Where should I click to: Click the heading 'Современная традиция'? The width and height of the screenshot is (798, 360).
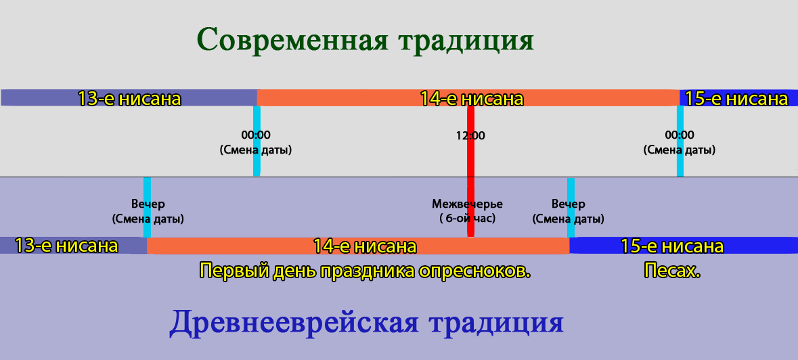365,40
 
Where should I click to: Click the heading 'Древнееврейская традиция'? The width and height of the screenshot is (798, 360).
366,323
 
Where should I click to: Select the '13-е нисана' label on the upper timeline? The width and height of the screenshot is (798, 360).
129,98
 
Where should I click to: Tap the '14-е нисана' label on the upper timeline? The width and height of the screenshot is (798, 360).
472,98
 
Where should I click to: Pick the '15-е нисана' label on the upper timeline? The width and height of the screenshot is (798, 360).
736,98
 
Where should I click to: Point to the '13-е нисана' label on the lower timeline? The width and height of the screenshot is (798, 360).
66,246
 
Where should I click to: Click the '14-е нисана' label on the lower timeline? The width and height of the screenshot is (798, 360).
365,246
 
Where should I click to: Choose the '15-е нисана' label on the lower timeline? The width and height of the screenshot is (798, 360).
672,246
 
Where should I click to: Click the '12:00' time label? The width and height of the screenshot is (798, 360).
470,136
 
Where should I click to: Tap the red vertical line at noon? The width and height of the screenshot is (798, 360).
471,171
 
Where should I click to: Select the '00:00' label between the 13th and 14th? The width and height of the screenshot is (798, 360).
256,135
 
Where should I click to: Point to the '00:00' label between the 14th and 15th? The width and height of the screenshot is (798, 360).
680,135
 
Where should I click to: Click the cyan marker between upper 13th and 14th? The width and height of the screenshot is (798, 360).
257,141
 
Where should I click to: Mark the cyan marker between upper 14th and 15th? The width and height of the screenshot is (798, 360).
680,141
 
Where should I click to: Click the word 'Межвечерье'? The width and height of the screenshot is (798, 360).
467,204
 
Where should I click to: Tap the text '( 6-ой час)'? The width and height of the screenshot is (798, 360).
467,219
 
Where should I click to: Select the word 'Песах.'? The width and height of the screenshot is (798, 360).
672,271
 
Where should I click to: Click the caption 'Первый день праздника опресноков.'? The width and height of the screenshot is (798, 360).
365,271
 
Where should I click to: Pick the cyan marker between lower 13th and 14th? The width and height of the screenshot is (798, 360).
147,208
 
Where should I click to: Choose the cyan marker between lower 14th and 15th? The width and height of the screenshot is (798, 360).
571,208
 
